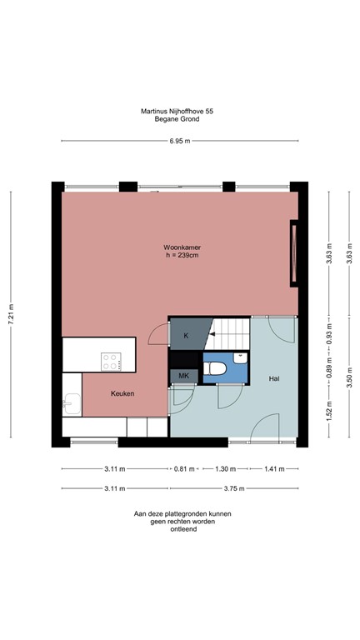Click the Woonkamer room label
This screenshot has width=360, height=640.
[182, 247]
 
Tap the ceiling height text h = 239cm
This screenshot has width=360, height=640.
[182, 256]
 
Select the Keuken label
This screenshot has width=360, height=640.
[123, 393]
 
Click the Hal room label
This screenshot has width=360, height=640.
[273, 378]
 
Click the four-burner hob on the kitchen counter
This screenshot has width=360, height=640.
[111, 361]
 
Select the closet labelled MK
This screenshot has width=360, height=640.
[184, 377]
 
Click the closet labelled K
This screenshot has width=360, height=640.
[186, 336]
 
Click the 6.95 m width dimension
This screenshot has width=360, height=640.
[180, 141]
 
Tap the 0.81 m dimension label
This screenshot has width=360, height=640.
[184, 468]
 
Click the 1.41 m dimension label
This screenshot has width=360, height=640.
[273, 468]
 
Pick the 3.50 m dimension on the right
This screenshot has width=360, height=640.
[347, 379]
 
